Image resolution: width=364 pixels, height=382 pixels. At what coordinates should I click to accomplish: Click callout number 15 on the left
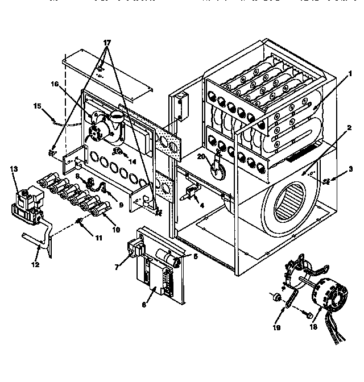click(38, 105)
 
